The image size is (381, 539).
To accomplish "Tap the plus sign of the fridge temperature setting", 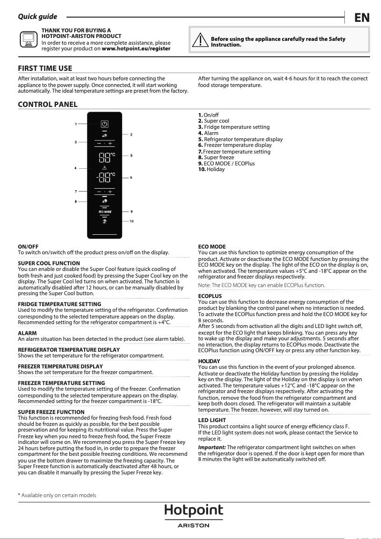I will coord(110,143).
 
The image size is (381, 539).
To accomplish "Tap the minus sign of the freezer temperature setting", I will coord(99,192).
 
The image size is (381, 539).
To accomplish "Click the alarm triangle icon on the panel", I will coord(105,168).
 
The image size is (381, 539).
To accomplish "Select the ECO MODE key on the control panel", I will coord(105,211).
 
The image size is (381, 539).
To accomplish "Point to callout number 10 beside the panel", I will coord(132,221).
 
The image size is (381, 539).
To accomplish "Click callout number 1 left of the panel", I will coord(76,124).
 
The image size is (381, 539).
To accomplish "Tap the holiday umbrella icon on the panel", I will coord(105,221).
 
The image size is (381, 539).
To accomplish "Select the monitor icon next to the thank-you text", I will coord(28,39).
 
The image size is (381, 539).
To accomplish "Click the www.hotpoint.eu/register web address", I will coord(136,48).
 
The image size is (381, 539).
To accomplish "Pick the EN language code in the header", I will coord(362,18).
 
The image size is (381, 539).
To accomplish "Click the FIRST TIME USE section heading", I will coord(45,68).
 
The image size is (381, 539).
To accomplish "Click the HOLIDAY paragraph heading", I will coord(209,361).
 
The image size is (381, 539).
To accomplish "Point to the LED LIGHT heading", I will coord(212,420).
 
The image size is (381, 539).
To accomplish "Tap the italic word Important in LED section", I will coord(211,447).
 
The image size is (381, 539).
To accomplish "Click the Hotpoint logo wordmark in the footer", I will coord(193,510).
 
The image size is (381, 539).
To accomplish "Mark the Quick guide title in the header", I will coord(38,17).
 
